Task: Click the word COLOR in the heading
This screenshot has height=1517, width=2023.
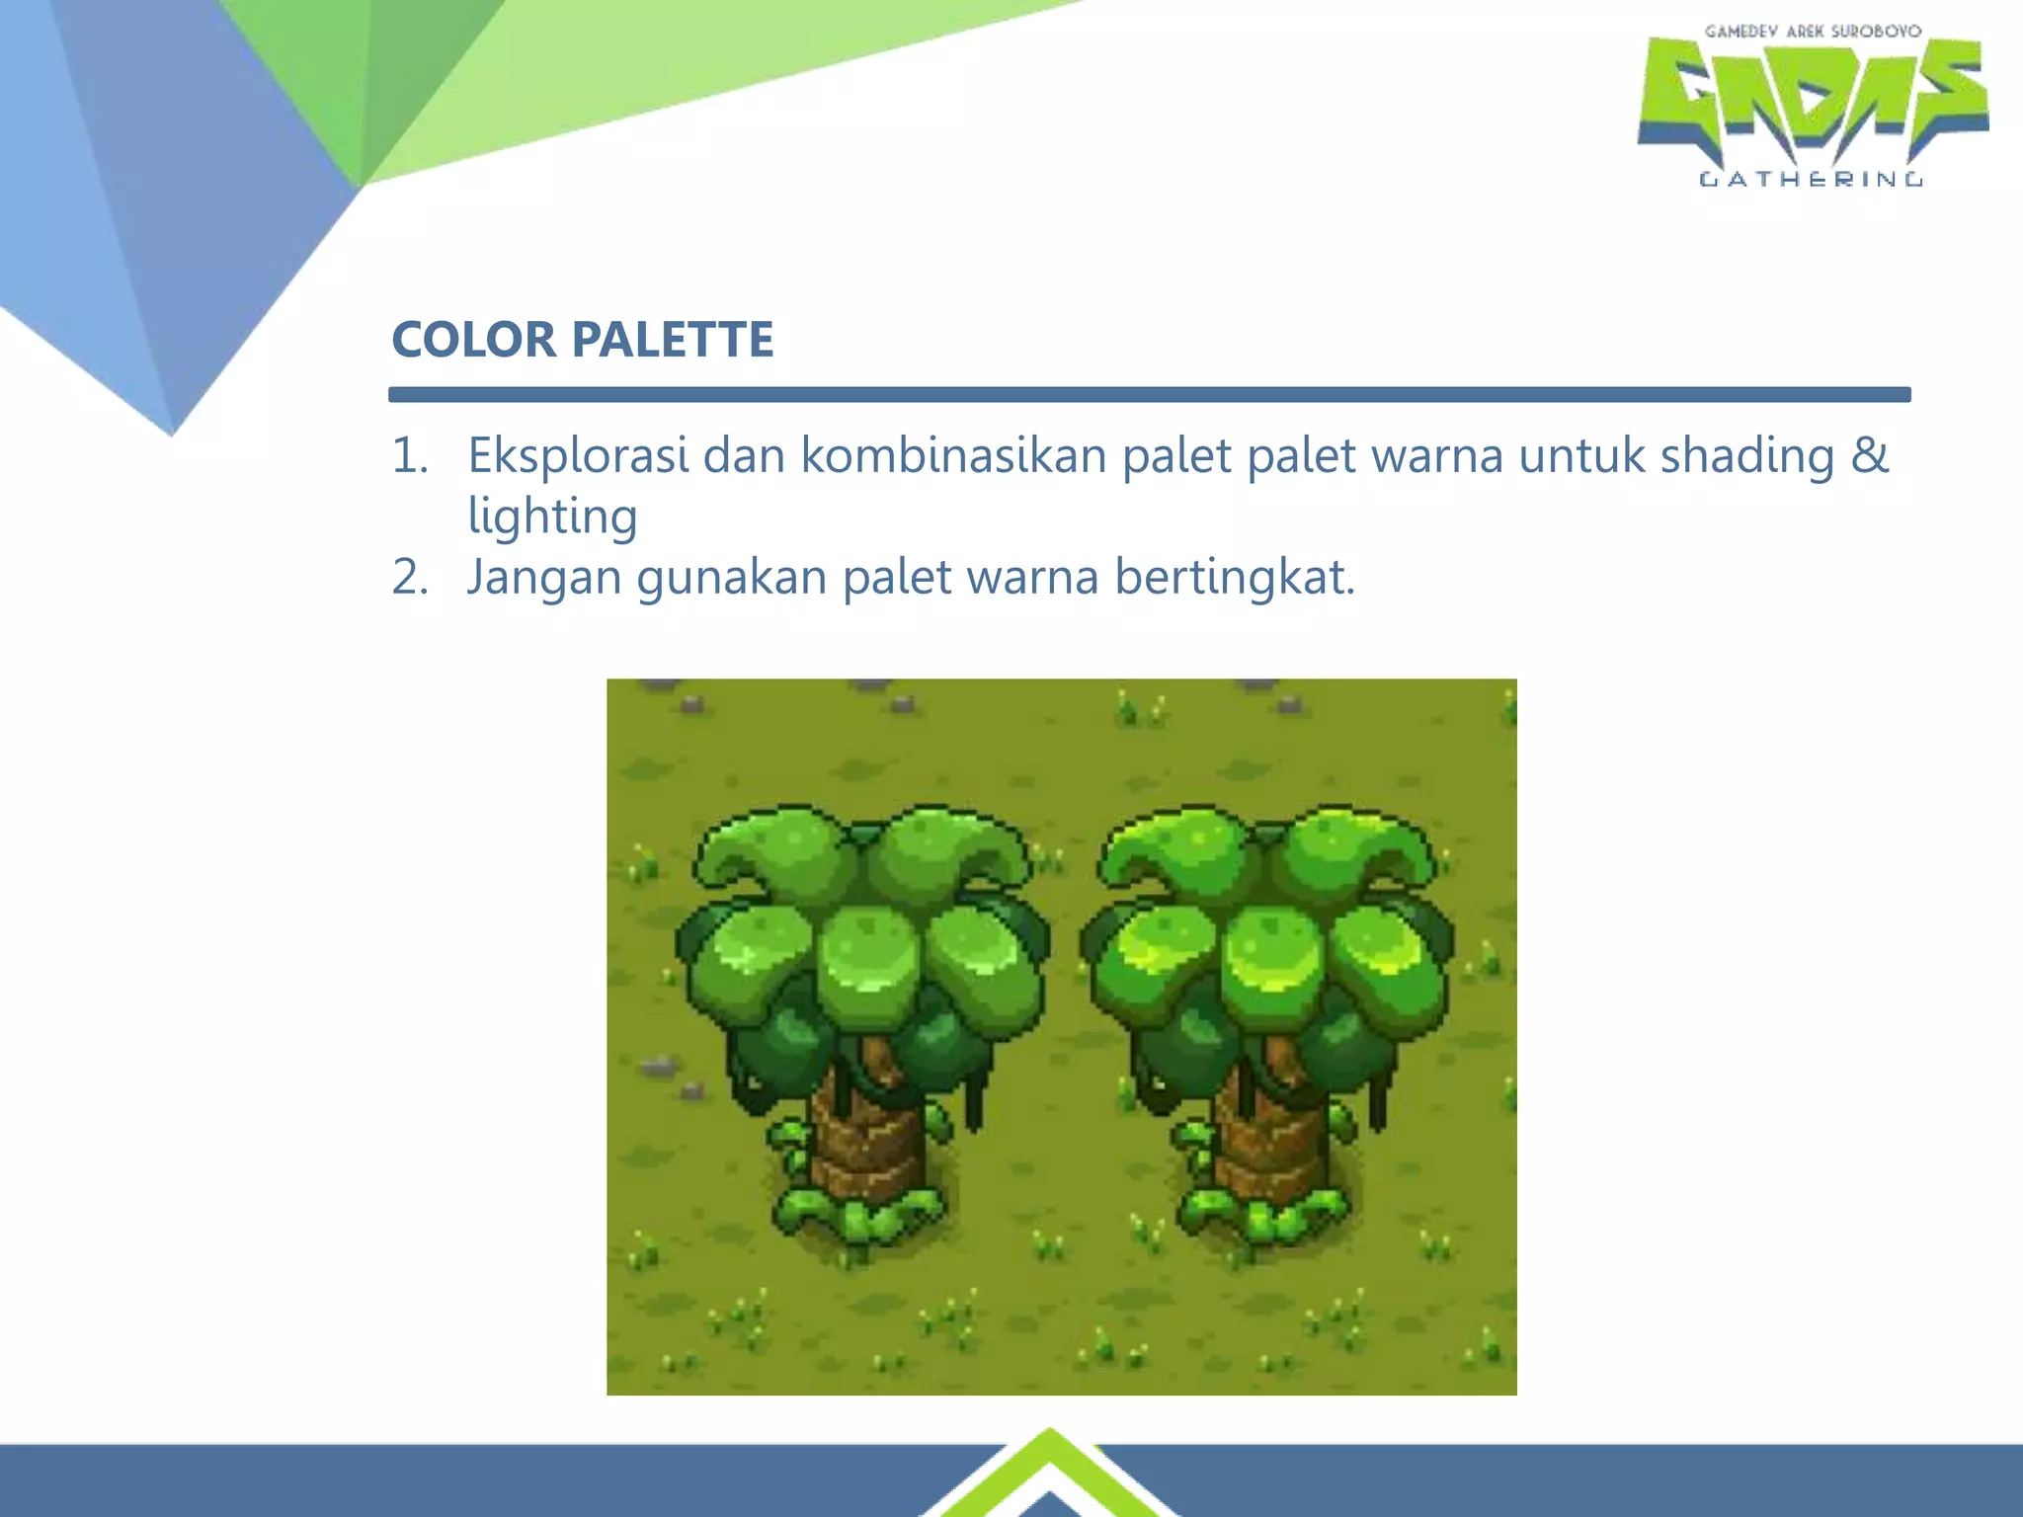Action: tap(472, 340)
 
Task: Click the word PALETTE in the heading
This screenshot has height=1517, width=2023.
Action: tap(673, 340)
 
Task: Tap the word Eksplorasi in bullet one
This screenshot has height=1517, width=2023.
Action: tap(578, 456)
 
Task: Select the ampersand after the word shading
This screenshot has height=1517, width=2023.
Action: tap(1869, 456)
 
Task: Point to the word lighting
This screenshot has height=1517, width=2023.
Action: tap(552, 517)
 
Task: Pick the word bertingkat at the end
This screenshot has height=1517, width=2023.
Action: tap(1235, 577)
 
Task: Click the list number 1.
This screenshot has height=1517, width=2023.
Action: tap(409, 456)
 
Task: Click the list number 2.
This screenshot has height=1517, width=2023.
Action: tap(409, 577)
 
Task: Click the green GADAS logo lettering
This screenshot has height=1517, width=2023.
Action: tap(1813, 99)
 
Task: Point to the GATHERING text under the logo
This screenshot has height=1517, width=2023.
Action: tap(1811, 179)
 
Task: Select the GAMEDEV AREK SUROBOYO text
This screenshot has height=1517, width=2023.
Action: tap(1813, 32)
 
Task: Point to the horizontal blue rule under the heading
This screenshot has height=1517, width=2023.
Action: tap(1149, 395)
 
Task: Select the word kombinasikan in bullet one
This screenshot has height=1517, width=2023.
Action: tap(953, 456)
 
